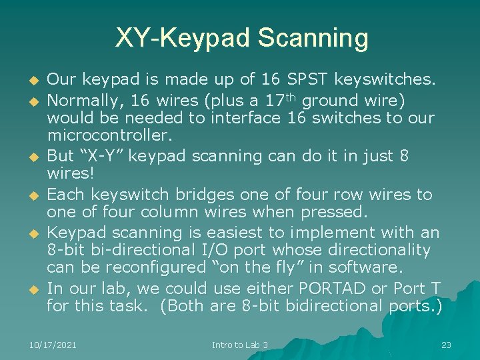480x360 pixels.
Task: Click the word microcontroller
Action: tap(109, 136)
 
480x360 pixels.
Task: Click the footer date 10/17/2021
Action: tap(53, 345)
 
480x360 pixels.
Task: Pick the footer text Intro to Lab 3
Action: tap(239, 345)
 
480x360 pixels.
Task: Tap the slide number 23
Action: tap(446, 345)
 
